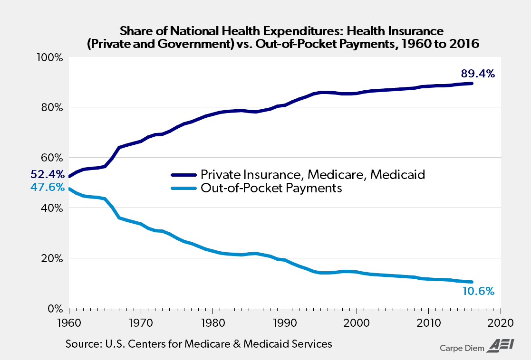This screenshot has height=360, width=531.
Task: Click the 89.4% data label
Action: [x=478, y=74]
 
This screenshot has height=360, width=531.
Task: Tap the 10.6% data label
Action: [x=478, y=291]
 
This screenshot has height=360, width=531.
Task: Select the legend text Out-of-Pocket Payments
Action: [x=271, y=188]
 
